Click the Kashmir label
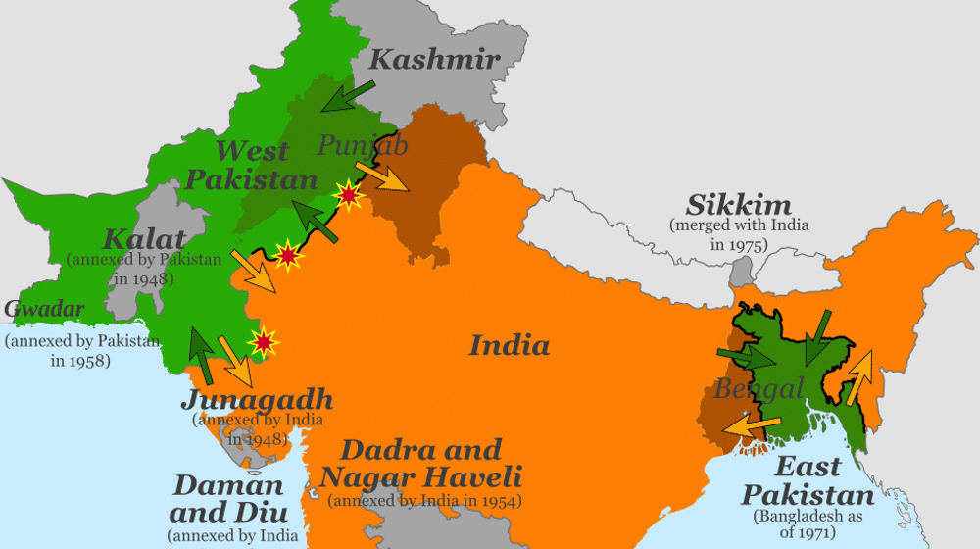pos(434,59)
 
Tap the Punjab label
pos(362,146)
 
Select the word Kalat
pos(144,238)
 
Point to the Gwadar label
pos(43,310)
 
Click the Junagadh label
pos(257,400)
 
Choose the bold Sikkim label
pos(738,206)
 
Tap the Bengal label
pos(759,387)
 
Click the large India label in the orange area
pos(509,345)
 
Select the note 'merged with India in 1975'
pos(739,234)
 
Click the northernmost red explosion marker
pos(348,197)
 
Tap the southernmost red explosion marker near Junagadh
pos(262,342)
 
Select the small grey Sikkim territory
pos(744,270)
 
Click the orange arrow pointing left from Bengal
pos(753,424)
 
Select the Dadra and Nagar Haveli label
pos(420,464)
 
